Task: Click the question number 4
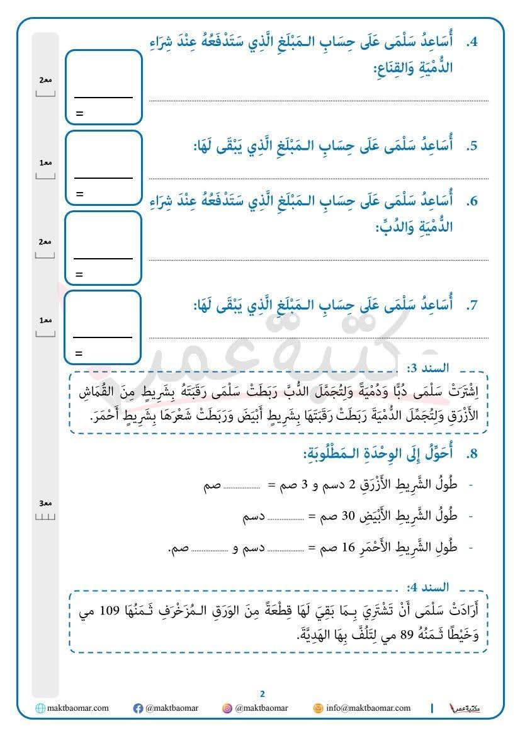pos(473,43)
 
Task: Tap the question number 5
pos(473,146)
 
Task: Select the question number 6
pos(473,201)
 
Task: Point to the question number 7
pos(473,305)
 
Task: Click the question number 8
pos(473,455)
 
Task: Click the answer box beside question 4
pos(103,87)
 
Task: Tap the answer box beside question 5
pos(103,167)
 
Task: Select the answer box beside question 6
pos(103,247)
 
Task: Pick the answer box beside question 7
pos(103,327)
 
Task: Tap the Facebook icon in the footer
pos(138,708)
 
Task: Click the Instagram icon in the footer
pos(227,708)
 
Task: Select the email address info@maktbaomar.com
pos(368,708)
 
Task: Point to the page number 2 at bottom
pos(263,694)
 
